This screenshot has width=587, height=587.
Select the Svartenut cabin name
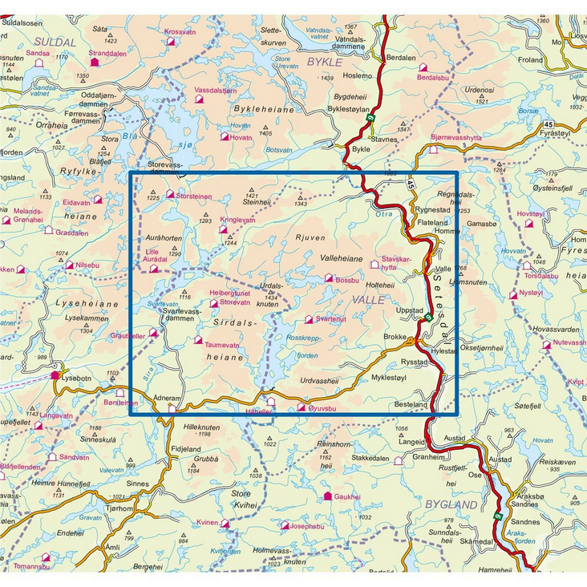pyautogui.click(x=331, y=318)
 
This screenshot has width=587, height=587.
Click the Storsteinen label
pyautogui.click(x=194, y=194)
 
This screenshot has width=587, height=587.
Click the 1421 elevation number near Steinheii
pyautogui.click(x=251, y=196)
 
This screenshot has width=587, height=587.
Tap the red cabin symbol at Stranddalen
pyautogui.click(x=95, y=61)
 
